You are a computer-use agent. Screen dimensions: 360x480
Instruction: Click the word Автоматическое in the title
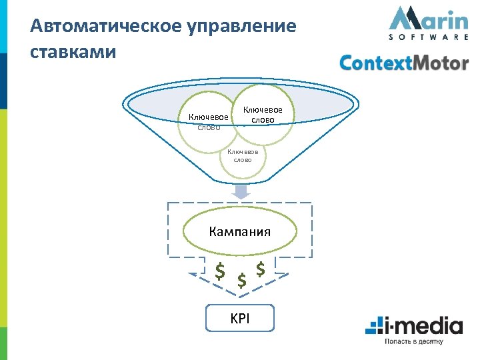pos(105,27)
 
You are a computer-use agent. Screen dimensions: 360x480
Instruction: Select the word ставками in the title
pos(73,51)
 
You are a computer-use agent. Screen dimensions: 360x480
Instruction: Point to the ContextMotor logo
pos(404,63)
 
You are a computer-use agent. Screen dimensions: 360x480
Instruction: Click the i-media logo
pos(413,327)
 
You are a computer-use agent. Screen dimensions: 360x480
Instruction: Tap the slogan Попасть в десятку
pos(413,342)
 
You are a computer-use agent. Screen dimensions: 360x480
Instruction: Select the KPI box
pos(240,319)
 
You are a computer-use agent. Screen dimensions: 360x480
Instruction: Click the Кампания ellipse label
pos(240,231)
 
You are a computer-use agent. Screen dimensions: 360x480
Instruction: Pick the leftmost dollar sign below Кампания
pos(219,271)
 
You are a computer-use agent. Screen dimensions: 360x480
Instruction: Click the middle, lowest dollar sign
pos(241,281)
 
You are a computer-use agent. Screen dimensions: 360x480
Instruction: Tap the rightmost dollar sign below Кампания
pos(261,269)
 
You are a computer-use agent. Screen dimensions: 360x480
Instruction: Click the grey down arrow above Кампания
pos(241,191)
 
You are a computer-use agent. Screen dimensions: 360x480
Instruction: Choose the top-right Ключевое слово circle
pos(263,115)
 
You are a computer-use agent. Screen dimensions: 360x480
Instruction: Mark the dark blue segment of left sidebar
pos(4,80)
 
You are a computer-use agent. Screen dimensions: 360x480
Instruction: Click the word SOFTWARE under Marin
pos(428,37)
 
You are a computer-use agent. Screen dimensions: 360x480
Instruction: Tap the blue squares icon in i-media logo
pos(373,327)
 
